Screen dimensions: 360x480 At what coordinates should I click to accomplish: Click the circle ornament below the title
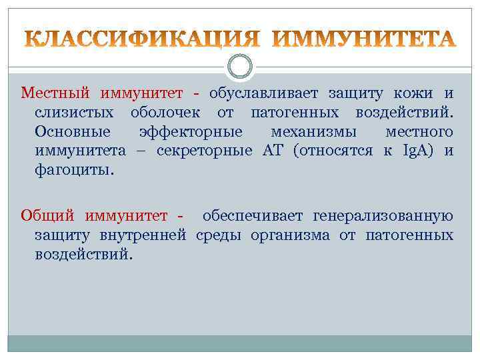pos(240,65)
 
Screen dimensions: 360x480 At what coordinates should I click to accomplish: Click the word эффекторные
pos(191,131)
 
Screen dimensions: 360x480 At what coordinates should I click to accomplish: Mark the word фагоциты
pos(74,170)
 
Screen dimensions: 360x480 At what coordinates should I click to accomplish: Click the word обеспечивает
pos(253,215)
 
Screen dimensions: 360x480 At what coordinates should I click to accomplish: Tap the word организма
pos(291,235)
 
